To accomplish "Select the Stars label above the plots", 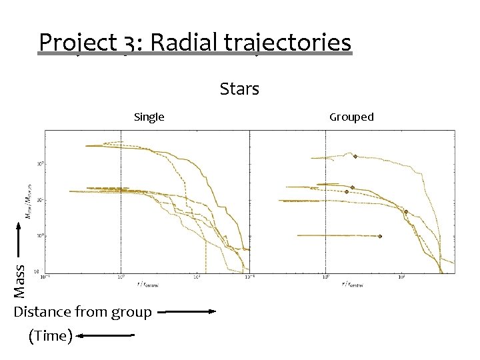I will (x=239, y=89).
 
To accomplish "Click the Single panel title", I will (x=149, y=117).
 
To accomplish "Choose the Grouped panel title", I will (x=351, y=117).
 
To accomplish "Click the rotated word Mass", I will (x=20, y=281).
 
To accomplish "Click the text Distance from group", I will (x=83, y=312).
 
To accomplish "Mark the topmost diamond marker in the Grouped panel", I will (x=355, y=157).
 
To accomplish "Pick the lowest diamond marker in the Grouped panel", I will (x=379, y=236).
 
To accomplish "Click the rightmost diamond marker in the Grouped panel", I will (x=405, y=212).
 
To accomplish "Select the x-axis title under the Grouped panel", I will (x=355, y=283).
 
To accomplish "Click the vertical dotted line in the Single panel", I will (x=121, y=200).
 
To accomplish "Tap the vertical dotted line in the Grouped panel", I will (x=325, y=200).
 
